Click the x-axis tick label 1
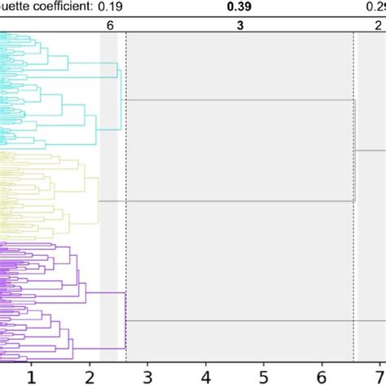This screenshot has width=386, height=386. tap(31, 376)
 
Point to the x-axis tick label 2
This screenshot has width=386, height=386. tap(90, 376)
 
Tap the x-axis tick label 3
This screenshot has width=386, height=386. tap(147, 376)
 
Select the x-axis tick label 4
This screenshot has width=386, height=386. tap(205, 376)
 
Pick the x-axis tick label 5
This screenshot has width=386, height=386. tap(264, 376)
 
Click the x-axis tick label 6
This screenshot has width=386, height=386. tap(322, 376)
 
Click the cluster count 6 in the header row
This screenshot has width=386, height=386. tap(110, 25)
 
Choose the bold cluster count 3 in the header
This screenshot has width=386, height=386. tap(239, 25)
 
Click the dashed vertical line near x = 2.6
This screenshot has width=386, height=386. tap(126, 244)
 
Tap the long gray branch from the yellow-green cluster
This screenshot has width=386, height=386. tap(228, 200)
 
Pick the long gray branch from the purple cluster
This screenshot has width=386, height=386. tap(244, 321)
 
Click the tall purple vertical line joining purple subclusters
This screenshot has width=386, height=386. tap(125, 321)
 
